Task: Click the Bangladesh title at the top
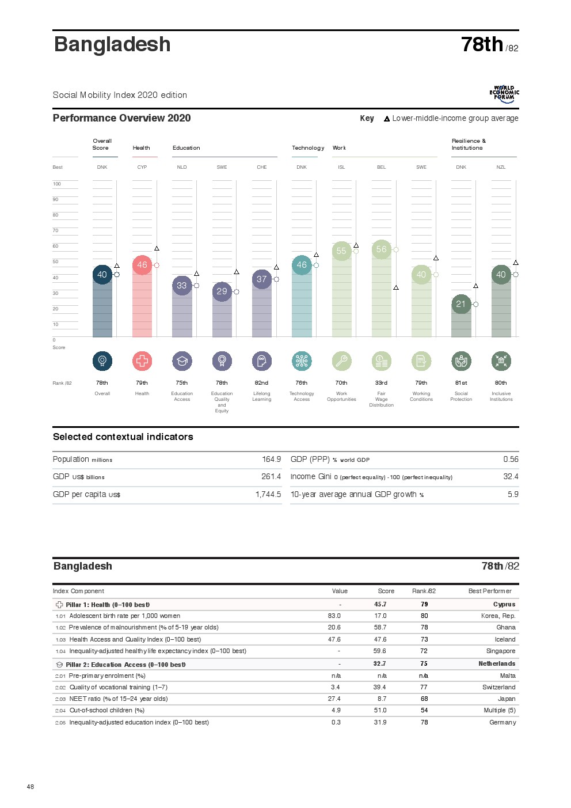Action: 112,44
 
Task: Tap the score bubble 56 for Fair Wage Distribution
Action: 381,249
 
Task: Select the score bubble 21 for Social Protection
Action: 461,304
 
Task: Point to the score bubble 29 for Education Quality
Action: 222,291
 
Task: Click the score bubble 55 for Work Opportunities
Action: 341,251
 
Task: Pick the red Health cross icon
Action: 142,361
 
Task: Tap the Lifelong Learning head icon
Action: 262,361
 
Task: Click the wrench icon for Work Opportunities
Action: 341,361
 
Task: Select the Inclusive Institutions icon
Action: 501,361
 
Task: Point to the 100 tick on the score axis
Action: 56,184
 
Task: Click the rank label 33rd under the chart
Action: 381,383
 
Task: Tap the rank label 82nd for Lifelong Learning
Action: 261,383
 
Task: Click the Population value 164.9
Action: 271,460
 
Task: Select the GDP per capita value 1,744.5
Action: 268,495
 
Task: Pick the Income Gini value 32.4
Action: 511,477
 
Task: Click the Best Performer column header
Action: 490,591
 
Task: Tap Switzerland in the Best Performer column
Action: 498,688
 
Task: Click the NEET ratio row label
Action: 119,699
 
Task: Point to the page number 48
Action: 31,787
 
